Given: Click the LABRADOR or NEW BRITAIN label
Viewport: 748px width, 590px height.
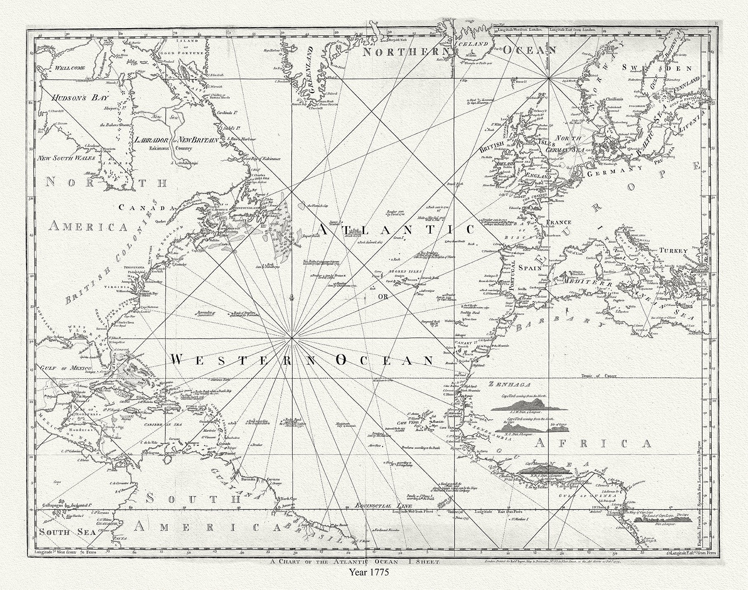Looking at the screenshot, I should (176, 140).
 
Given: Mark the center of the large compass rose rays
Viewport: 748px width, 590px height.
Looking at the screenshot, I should (292, 338).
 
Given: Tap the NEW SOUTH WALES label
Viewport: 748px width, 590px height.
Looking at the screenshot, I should (66, 158).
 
